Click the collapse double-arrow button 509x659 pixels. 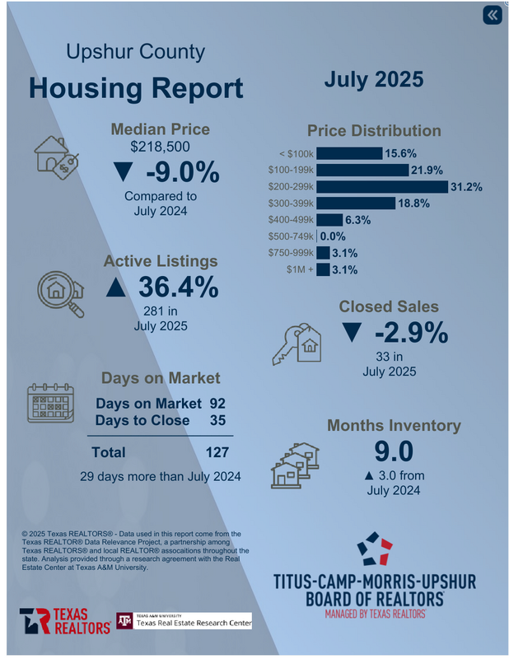click(x=491, y=15)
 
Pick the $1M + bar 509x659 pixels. click(x=323, y=269)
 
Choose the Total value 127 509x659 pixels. click(x=217, y=452)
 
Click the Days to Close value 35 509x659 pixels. click(x=217, y=420)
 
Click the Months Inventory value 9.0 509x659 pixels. click(x=392, y=451)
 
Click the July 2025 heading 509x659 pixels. click(x=373, y=80)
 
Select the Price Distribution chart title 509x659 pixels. click(x=374, y=131)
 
